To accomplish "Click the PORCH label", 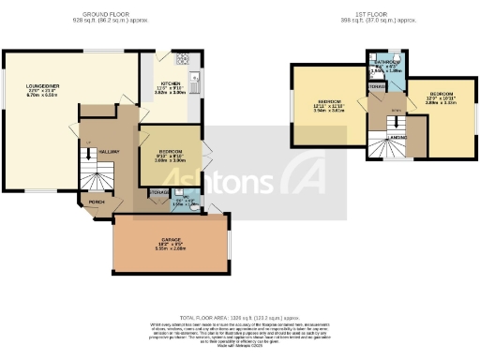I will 97,202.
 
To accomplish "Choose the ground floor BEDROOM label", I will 170,155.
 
